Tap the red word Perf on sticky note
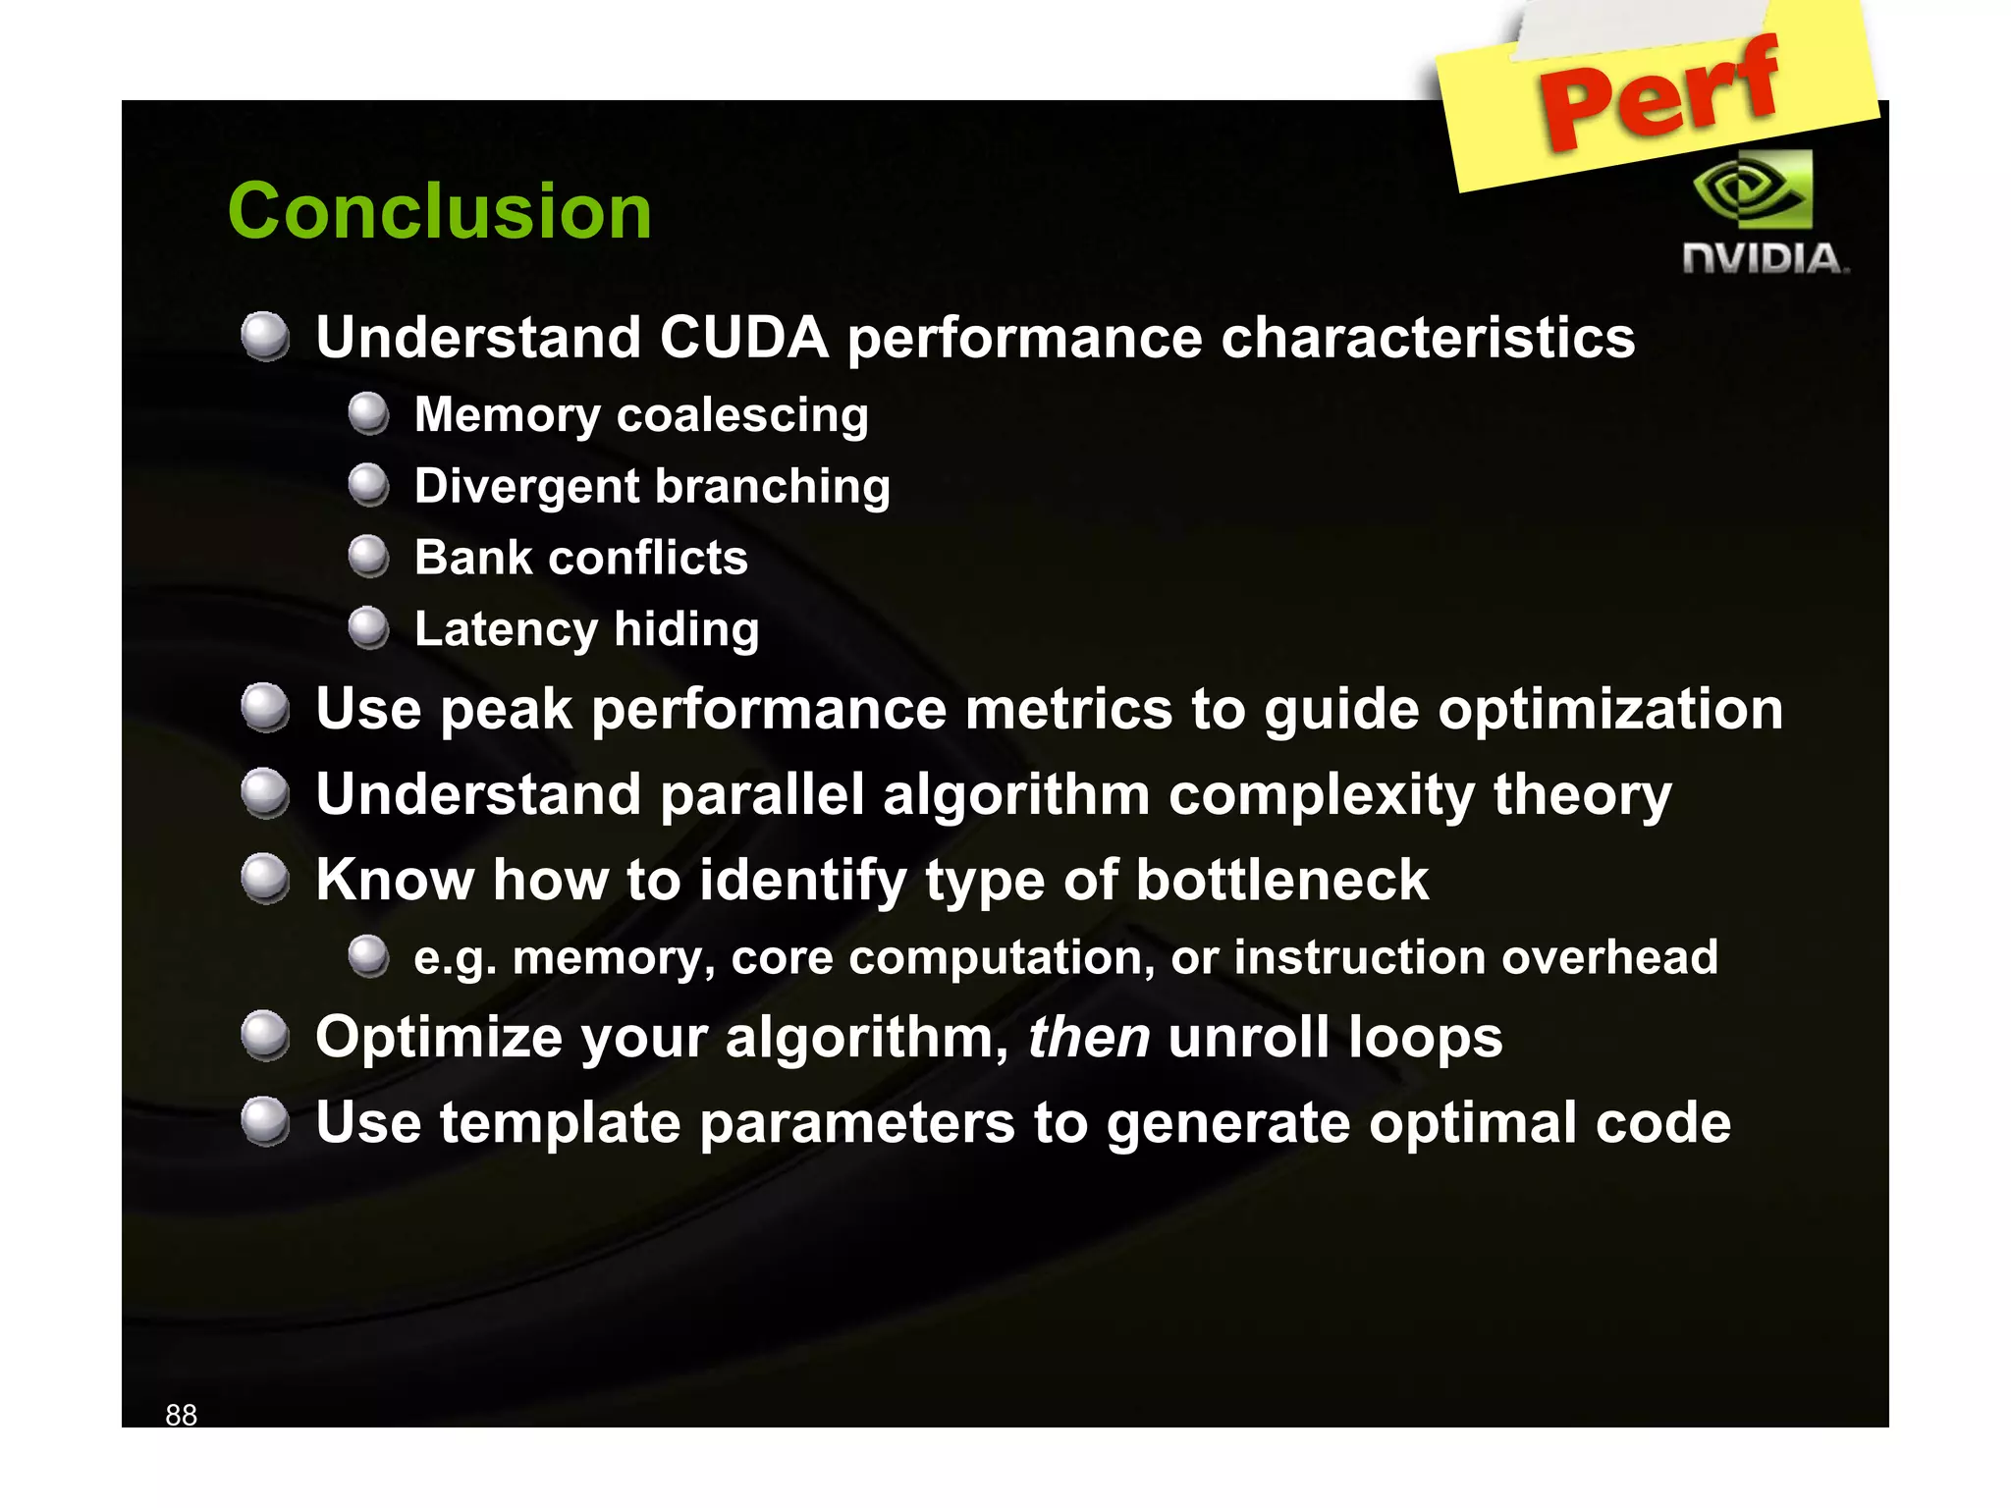click(x=1658, y=93)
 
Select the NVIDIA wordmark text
click(x=1765, y=259)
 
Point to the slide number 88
click(x=181, y=1415)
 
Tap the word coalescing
click(x=741, y=415)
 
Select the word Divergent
click(x=526, y=486)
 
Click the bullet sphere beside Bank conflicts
click(x=369, y=556)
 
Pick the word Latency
click(x=505, y=629)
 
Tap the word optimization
click(x=1610, y=710)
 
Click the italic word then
click(x=1088, y=1038)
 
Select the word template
click(x=560, y=1123)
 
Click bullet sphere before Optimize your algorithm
click(x=265, y=1037)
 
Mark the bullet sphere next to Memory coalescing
click(x=369, y=413)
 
